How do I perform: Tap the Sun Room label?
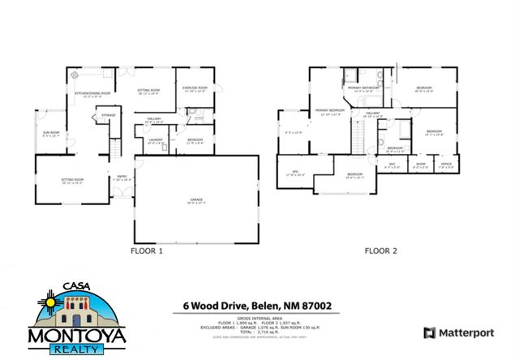50,132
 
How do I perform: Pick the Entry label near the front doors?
122,176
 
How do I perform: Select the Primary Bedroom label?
328,110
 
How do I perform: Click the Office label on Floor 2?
445,165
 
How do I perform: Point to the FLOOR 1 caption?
148,251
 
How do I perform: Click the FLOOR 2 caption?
380,251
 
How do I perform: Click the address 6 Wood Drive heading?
256,305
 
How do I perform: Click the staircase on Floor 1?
117,147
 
